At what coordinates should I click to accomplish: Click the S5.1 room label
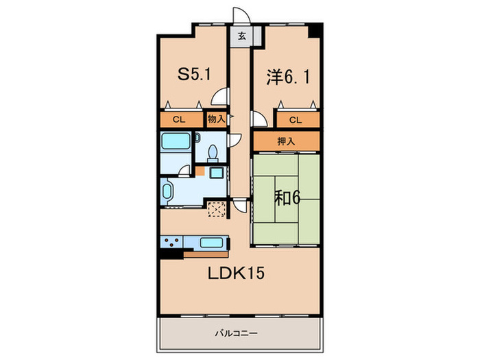click(x=194, y=74)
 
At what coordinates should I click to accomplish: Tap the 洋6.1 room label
click(x=288, y=77)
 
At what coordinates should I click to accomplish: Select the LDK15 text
click(x=236, y=273)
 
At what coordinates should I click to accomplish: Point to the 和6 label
click(x=287, y=197)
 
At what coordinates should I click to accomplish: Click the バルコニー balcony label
click(x=236, y=333)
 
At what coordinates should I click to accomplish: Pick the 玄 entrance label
click(x=242, y=36)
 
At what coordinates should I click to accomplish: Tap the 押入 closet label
click(x=286, y=141)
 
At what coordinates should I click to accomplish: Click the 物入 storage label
click(x=216, y=119)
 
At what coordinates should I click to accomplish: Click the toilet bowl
click(x=213, y=154)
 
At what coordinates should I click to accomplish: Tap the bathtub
click(x=176, y=141)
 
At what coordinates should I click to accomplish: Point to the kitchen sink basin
click(x=211, y=243)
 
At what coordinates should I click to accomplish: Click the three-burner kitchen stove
click(x=171, y=243)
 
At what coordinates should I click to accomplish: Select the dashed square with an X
click(x=217, y=208)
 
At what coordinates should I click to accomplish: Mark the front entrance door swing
click(x=241, y=15)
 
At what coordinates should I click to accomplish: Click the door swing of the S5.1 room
click(x=220, y=97)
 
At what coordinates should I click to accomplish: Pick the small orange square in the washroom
click(x=200, y=171)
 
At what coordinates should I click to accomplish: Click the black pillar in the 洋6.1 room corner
click(x=314, y=31)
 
